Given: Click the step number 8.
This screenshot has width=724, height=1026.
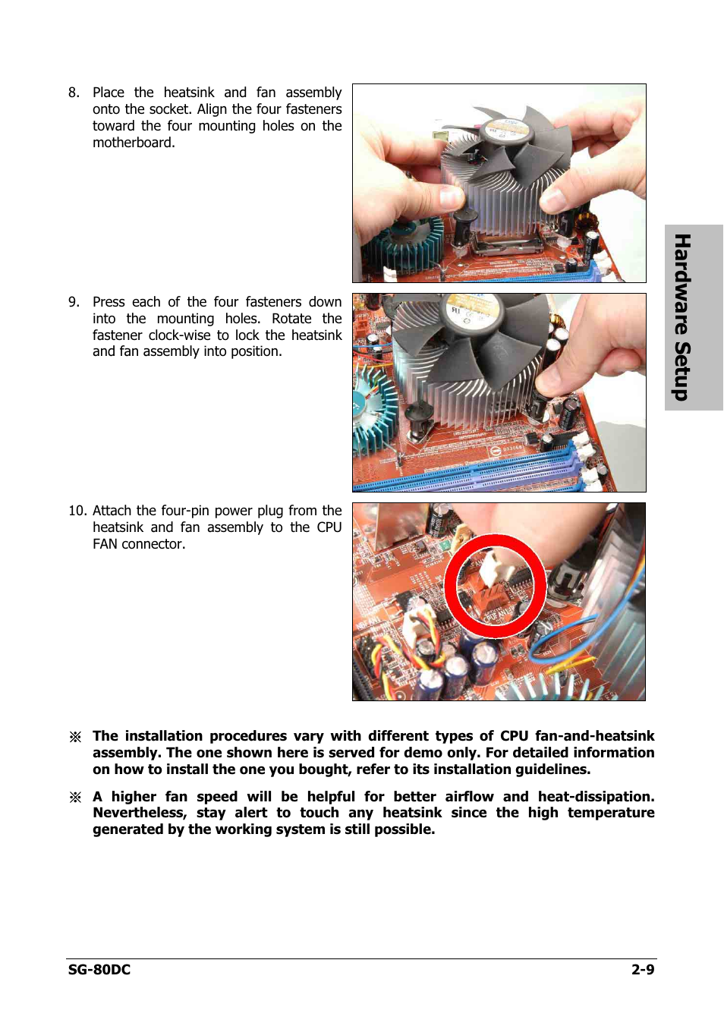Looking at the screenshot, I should (x=73, y=93).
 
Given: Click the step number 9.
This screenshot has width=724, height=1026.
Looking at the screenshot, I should (x=73, y=302).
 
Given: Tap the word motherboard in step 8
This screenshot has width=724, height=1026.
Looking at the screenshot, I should (x=133, y=143).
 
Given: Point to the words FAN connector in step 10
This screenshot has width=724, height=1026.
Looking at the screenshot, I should (x=138, y=544).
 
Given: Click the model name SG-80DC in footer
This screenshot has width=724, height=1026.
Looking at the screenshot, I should (x=99, y=969).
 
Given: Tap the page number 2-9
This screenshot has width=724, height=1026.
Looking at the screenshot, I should (x=642, y=969).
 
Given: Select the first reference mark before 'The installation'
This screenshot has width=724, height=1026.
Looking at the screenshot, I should (x=75, y=737).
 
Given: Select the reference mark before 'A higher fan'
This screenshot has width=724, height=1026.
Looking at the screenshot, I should (x=75, y=797).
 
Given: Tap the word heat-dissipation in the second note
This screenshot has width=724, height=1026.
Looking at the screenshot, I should (x=595, y=797).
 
